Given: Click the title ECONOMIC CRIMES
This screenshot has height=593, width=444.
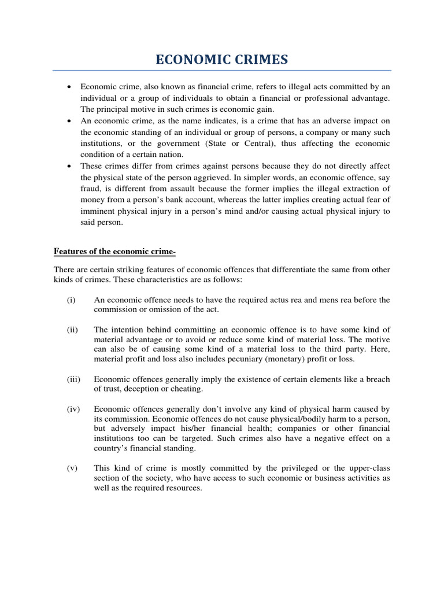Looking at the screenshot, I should tap(222, 60).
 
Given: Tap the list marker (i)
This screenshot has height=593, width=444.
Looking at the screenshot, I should tap(71, 299).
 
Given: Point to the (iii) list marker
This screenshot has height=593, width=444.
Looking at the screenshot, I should tap(73, 379).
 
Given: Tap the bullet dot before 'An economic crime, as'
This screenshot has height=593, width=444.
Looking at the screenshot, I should tap(69, 121).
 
